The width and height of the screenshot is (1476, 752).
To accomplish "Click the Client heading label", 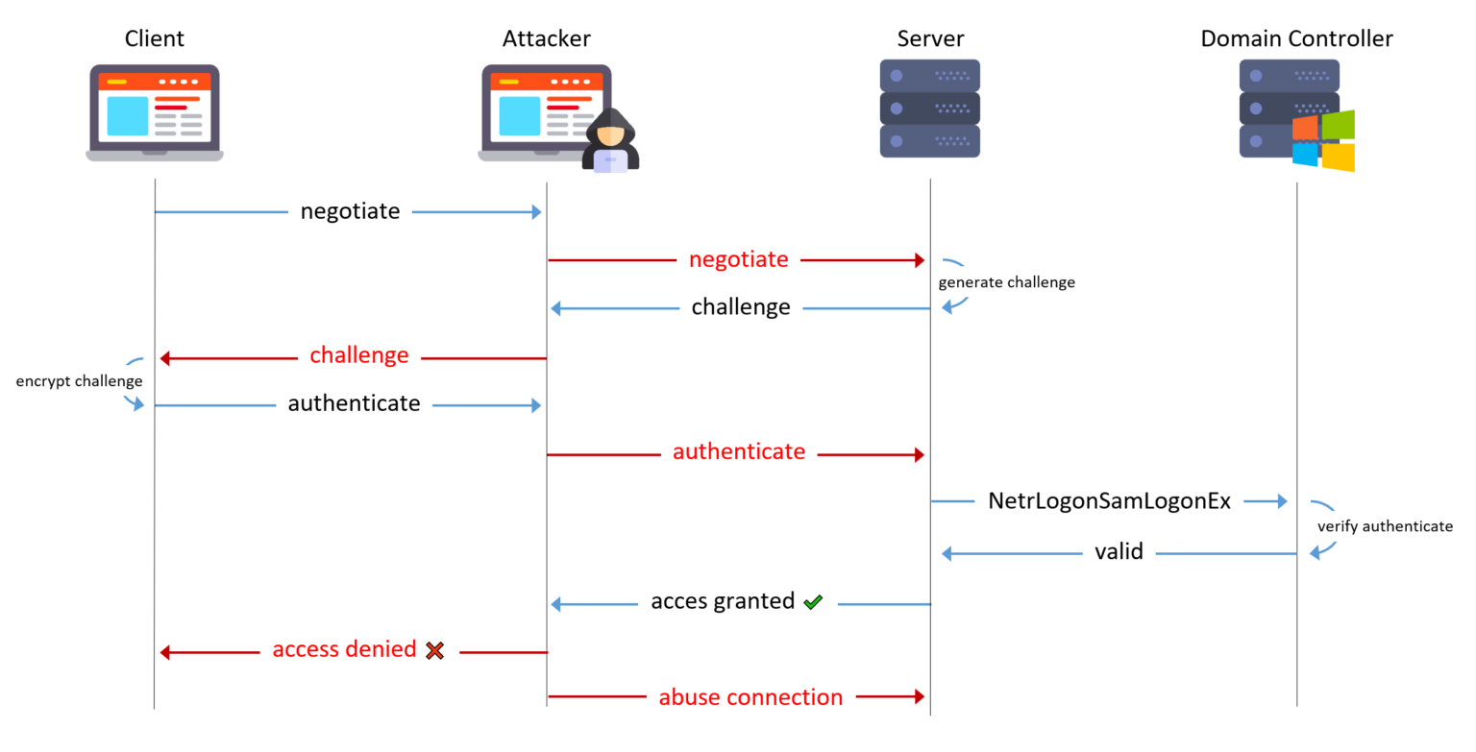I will (x=154, y=38).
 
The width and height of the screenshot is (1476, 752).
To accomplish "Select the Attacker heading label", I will (x=546, y=38).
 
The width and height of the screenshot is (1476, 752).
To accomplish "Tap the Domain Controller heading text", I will (x=1296, y=38).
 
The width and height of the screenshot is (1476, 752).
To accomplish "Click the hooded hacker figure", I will (x=610, y=141).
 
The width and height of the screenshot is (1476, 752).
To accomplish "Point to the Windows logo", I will (x=1323, y=140).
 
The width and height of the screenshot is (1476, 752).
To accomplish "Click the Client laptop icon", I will (x=155, y=112).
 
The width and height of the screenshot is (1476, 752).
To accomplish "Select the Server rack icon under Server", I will (x=929, y=109).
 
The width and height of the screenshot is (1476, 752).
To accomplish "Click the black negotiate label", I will (x=350, y=211).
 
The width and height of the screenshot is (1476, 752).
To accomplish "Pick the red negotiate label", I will (x=738, y=259).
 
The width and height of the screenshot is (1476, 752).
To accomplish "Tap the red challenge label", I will (x=358, y=355).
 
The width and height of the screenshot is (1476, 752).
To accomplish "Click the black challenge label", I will (x=741, y=307).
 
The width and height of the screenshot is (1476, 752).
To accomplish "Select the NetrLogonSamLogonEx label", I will (x=1109, y=500).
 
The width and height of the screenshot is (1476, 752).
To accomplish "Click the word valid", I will (x=1119, y=552).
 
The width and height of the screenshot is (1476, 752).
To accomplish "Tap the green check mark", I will (x=813, y=602).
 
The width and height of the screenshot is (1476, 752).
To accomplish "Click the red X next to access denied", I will (x=434, y=650).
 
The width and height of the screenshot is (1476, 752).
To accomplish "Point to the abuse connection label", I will (x=750, y=697).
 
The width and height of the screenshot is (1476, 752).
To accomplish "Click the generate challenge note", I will (x=1006, y=282).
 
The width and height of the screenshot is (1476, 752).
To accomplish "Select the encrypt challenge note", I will (x=79, y=381).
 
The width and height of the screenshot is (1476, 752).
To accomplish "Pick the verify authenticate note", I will (x=1384, y=526).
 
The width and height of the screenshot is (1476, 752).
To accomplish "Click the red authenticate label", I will (x=738, y=451).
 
